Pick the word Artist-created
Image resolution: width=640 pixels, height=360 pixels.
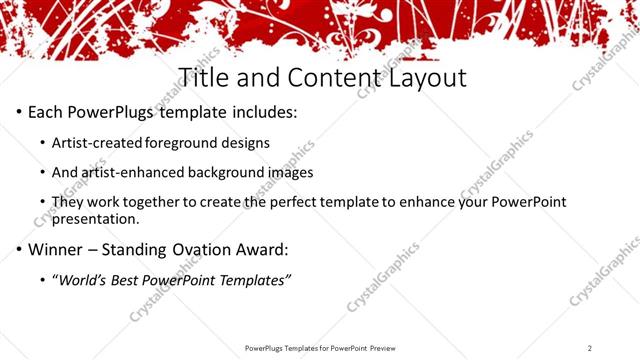[x=96, y=143]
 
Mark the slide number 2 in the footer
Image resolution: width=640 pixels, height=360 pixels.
[x=590, y=347]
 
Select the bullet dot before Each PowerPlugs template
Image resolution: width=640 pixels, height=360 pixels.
[x=19, y=112]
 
